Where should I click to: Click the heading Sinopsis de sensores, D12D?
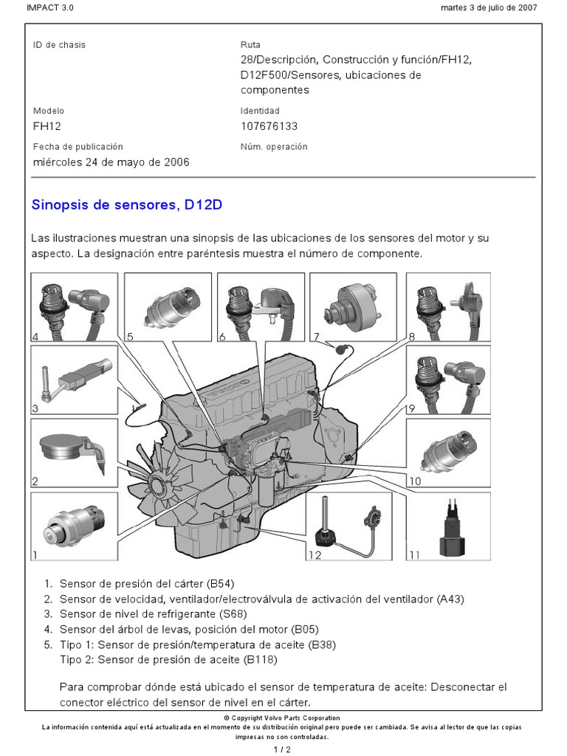click(x=126, y=205)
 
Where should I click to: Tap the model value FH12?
click(x=46, y=126)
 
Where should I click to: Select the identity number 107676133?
click(x=269, y=126)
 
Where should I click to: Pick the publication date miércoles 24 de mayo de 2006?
click(x=111, y=162)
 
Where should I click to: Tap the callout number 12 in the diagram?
click(x=315, y=555)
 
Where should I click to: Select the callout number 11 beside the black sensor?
click(x=414, y=555)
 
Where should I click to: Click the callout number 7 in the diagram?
click(x=316, y=337)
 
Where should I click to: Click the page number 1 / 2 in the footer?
click(x=283, y=750)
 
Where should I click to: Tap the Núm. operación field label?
click(x=273, y=147)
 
